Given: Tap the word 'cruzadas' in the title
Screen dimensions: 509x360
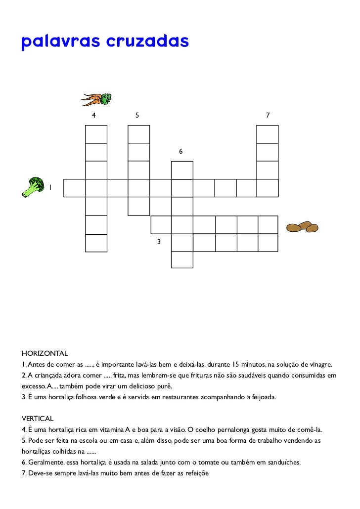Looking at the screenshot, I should click(x=147, y=42).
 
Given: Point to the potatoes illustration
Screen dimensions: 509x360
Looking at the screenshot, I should click(x=303, y=227).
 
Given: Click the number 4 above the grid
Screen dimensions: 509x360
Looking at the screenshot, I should click(x=93, y=115).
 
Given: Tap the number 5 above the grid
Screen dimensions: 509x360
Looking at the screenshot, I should click(x=137, y=115).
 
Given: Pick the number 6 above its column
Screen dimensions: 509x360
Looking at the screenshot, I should click(x=181, y=151).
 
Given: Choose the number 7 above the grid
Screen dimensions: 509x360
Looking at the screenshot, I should click(x=268, y=115).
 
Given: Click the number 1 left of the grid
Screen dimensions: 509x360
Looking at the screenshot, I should click(x=50, y=187).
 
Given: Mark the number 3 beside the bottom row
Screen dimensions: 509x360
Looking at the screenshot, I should click(x=159, y=242).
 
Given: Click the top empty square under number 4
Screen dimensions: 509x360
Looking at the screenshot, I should click(x=96, y=134).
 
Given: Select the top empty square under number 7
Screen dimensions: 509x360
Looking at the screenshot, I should click(x=268, y=134).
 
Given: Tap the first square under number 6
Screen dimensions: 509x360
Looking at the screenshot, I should click(x=182, y=170).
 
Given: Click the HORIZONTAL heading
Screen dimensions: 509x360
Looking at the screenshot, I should click(x=45, y=354).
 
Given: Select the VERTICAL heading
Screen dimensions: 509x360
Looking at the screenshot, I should click(x=38, y=419).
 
